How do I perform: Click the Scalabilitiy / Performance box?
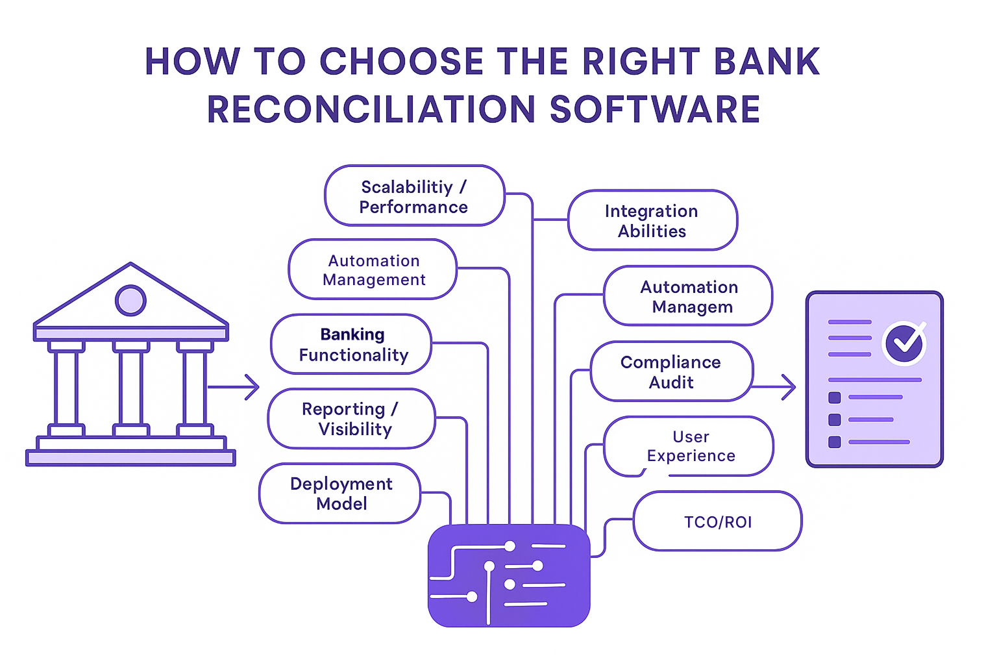(414, 196)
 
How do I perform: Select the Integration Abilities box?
(652, 221)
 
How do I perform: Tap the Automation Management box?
(373, 270)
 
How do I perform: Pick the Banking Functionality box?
(352, 344)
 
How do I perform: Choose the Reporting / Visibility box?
(352, 419)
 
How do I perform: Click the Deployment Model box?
(340, 494)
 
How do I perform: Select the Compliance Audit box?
(671, 371)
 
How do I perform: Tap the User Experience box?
(689, 446)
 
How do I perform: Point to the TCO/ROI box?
(717, 521)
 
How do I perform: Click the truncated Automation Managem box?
(689, 296)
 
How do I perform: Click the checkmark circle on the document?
(904, 342)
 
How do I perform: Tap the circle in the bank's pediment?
(130, 301)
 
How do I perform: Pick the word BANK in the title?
(766, 62)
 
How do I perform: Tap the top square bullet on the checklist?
(835, 397)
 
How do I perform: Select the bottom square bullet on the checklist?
(835, 442)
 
